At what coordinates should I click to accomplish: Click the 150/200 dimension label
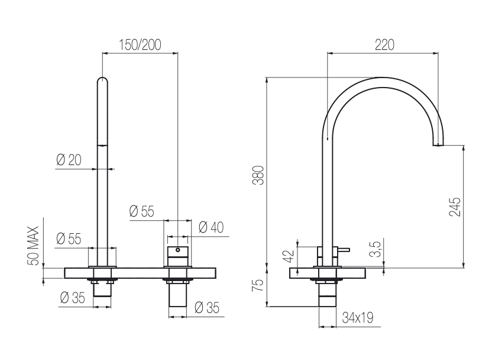[140, 45]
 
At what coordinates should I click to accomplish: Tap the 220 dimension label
[384, 45]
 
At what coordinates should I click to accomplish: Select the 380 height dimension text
[260, 175]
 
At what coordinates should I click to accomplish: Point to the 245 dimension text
[455, 207]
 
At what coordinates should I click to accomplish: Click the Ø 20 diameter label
[69, 160]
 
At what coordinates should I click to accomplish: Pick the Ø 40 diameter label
[211, 227]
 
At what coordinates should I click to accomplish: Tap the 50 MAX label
[33, 246]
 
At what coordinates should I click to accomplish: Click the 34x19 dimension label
[358, 318]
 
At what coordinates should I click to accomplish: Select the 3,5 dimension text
[376, 249]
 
